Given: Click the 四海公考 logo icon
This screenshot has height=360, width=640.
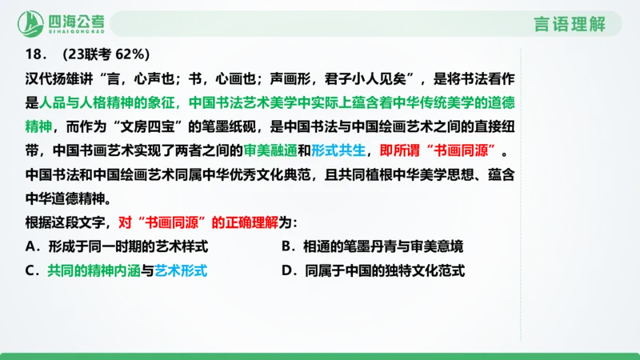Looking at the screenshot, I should click(x=31, y=24).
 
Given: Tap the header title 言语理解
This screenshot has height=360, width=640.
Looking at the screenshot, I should click(x=574, y=24).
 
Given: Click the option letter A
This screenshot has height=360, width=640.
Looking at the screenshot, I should click(x=30, y=246).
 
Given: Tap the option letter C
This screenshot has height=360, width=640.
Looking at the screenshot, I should click(x=30, y=270).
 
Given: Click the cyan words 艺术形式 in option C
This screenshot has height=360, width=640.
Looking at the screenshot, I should click(x=181, y=270).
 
